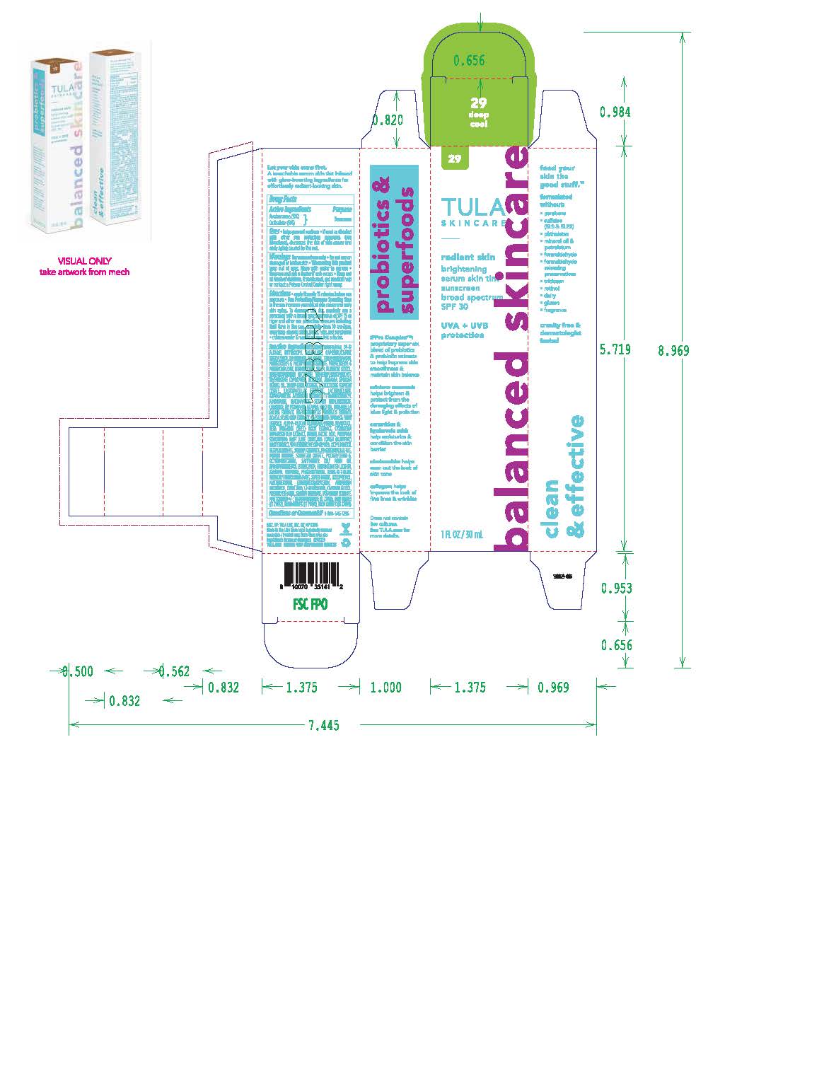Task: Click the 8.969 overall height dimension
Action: click(x=673, y=351)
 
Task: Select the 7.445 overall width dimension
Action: click(x=323, y=725)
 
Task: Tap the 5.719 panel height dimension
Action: click(x=615, y=349)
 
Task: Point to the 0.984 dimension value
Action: click(x=615, y=112)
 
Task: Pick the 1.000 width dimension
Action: click(x=385, y=687)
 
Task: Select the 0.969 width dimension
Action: click(x=552, y=687)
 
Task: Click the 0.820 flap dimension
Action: click(x=387, y=120)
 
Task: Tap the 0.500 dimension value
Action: click(x=77, y=671)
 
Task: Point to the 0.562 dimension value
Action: click(x=174, y=671)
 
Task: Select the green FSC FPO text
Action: click(x=311, y=605)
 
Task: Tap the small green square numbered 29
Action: click(x=454, y=158)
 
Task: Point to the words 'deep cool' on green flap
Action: click(x=479, y=119)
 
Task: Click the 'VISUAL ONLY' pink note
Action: click(x=84, y=261)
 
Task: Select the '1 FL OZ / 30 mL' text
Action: click(x=463, y=535)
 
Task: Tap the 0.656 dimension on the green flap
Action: click(x=469, y=61)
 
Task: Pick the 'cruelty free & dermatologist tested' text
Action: click(x=559, y=332)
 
